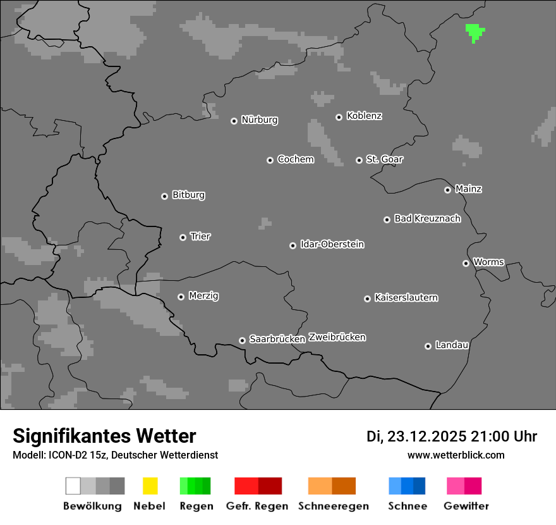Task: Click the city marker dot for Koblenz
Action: click(339, 117)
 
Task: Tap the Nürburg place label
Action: click(260, 120)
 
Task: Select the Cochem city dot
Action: click(270, 160)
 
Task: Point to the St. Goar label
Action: click(385, 159)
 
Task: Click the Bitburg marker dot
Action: click(164, 196)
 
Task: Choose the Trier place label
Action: click(200, 237)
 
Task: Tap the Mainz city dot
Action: click(447, 190)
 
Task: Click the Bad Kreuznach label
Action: click(427, 219)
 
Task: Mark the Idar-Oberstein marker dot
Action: click(293, 245)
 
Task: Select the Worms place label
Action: click(488, 262)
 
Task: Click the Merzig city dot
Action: click(181, 297)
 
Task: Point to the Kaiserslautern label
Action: click(406, 297)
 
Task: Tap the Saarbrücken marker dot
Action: click(242, 340)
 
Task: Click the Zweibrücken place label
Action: click(337, 337)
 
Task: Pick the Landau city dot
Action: click(428, 346)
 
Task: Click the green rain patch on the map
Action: click(474, 32)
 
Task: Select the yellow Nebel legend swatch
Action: click(150, 486)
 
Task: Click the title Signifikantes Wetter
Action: click(104, 436)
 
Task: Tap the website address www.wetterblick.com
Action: click(456, 455)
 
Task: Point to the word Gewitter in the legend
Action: click(466, 506)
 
